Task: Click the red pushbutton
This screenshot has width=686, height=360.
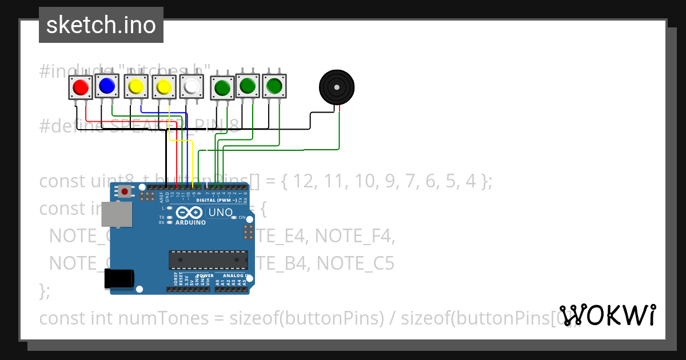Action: [x=79, y=87]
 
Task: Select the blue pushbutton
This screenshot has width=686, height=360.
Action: [x=106, y=86]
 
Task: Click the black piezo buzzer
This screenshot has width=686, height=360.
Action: [x=336, y=87]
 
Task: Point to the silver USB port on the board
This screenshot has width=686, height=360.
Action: [x=115, y=214]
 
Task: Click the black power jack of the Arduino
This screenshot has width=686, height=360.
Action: [x=119, y=279]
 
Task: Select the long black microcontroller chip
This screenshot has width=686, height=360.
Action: [x=209, y=259]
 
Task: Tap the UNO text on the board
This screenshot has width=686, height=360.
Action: [x=220, y=213]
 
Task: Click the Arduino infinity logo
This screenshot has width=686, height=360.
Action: [x=190, y=213]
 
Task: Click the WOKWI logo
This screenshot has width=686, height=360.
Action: [x=608, y=315]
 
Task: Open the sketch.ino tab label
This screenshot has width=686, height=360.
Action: [x=101, y=25]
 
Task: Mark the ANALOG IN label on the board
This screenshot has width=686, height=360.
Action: [x=231, y=275]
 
